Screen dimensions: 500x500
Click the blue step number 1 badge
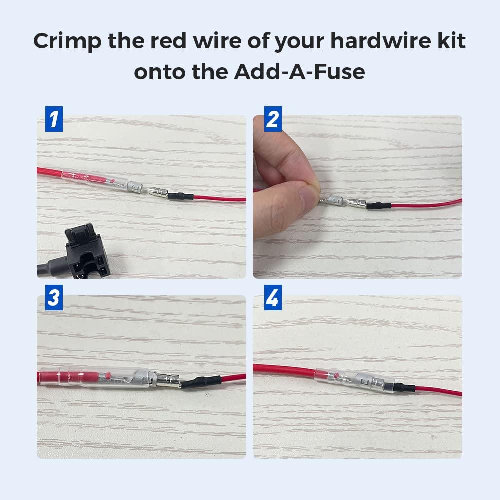pyautogui.click(x=53, y=120)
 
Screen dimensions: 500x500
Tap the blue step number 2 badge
pyautogui.click(x=272, y=120)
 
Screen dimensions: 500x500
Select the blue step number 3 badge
pyautogui.click(x=53, y=299)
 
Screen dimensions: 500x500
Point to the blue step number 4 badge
pyautogui.click(x=272, y=299)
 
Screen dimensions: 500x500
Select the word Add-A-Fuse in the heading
pyautogui.click(x=299, y=71)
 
